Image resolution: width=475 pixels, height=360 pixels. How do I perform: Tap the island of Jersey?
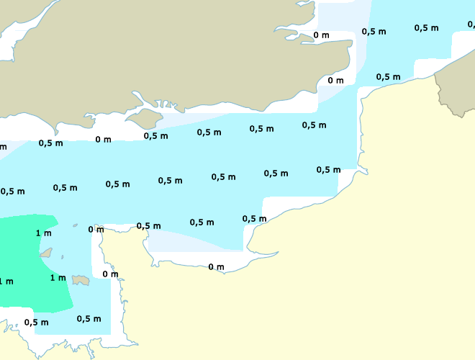[81, 280]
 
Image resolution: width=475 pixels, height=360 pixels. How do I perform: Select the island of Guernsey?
[47, 253]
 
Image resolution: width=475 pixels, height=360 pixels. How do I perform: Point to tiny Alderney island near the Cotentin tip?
[75, 226]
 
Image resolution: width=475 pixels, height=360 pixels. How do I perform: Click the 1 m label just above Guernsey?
[43, 233]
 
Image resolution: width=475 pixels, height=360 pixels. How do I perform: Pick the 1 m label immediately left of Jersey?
[58, 277]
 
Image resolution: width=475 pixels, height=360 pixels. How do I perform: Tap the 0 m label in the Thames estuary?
[321, 35]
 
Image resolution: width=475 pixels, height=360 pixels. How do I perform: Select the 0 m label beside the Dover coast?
[335, 80]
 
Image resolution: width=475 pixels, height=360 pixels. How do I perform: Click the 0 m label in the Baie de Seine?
[216, 267]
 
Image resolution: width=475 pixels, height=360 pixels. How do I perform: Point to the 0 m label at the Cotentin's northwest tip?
[96, 229]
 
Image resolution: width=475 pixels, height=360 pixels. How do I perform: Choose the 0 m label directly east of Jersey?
[110, 274]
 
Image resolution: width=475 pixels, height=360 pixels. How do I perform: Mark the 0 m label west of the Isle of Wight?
[103, 139]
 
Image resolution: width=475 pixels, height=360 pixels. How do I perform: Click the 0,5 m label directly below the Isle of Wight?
[155, 135]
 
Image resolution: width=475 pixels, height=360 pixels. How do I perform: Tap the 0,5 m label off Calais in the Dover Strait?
[388, 76]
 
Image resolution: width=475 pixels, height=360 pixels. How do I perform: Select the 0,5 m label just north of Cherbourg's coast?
[148, 225]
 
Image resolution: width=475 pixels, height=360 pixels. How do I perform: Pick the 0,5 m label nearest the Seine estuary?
[254, 218]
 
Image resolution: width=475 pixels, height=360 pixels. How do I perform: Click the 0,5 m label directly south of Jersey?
[89, 318]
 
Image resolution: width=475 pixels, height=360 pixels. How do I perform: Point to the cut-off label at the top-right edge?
[471, 24]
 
